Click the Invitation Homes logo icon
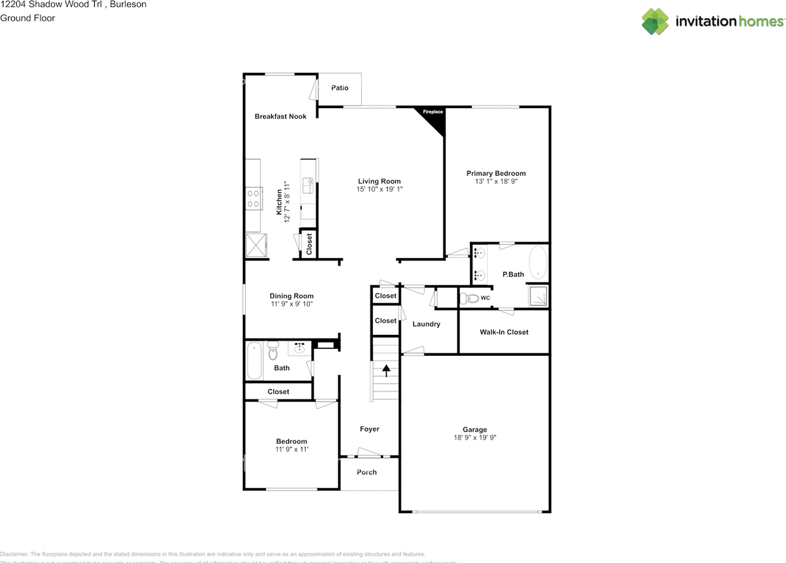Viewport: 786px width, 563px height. pyautogui.click(x=655, y=21)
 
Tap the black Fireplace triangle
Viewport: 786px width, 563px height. pyautogui.click(x=435, y=118)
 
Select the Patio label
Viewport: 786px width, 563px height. pyautogui.click(x=340, y=88)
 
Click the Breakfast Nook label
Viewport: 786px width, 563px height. pyautogui.click(x=281, y=117)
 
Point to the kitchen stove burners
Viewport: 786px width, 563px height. pyautogui.click(x=252, y=199)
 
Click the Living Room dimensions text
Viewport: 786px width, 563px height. pyautogui.click(x=379, y=190)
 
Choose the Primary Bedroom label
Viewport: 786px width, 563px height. pyautogui.click(x=496, y=174)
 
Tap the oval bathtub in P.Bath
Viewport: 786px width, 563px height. pyautogui.click(x=538, y=262)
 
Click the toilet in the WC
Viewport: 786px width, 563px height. pyautogui.click(x=470, y=299)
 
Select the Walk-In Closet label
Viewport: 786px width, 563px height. pyautogui.click(x=504, y=332)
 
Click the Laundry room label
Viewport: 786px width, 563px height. pyautogui.click(x=426, y=324)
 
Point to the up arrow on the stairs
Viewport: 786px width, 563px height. pyautogui.click(x=386, y=370)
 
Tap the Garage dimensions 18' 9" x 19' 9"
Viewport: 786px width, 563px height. pyautogui.click(x=475, y=438)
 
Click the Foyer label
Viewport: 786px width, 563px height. pyautogui.click(x=370, y=429)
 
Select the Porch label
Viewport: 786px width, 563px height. pyautogui.click(x=367, y=472)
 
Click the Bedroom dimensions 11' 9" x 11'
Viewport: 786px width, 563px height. pyautogui.click(x=291, y=450)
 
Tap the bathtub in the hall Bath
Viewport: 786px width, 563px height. pyautogui.click(x=254, y=361)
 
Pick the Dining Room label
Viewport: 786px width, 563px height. pyautogui.click(x=292, y=296)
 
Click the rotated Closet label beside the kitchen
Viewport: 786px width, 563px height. pyautogui.click(x=309, y=243)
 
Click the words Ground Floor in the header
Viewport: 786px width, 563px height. pyautogui.click(x=28, y=18)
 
